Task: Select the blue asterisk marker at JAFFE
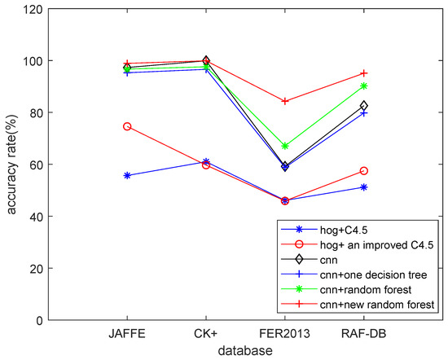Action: [x=126, y=175]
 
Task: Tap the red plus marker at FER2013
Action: [x=284, y=101]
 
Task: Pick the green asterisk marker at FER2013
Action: [x=284, y=146]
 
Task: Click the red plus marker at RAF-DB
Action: [x=363, y=73]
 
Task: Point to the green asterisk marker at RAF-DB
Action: [x=363, y=86]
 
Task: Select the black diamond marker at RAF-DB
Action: [x=363, y=106]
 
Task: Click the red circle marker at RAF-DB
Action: [x=363, y=171]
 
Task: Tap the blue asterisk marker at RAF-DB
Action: [x=363, y=187]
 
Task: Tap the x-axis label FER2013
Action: [x=284, y=334]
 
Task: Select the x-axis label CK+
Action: [x=205, y=334]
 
